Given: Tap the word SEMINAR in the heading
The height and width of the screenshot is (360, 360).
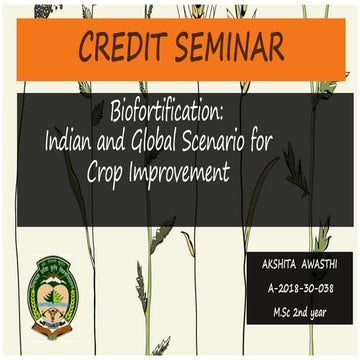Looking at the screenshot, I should coord(226,46).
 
